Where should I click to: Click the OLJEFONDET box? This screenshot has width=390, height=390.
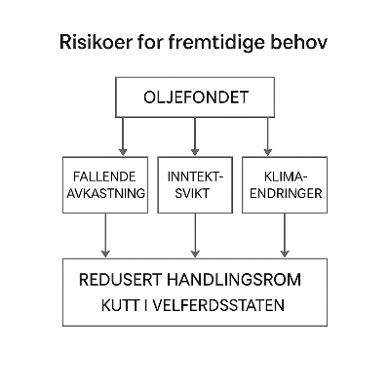coord(195,97)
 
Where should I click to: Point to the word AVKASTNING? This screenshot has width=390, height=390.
coord(106,193)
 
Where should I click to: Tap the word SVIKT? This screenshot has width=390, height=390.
coord(195,193)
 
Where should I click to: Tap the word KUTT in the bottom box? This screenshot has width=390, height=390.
coord(120,306)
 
